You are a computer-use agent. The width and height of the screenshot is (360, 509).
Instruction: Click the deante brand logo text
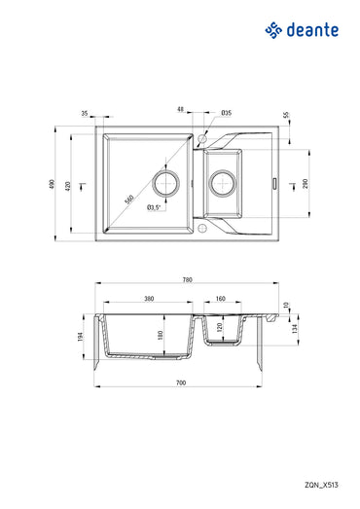312,31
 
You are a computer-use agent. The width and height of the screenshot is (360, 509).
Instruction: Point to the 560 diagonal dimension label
128,200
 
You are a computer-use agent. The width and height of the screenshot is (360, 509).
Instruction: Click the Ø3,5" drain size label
154,207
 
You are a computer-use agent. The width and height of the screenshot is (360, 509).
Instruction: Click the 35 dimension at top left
86,113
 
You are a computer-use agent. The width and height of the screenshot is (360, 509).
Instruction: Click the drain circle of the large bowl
167,182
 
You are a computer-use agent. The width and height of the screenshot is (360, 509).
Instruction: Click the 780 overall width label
187,281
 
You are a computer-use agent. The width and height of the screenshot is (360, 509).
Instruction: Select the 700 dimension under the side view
181,383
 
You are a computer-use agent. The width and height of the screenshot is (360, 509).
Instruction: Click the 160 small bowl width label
221,299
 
